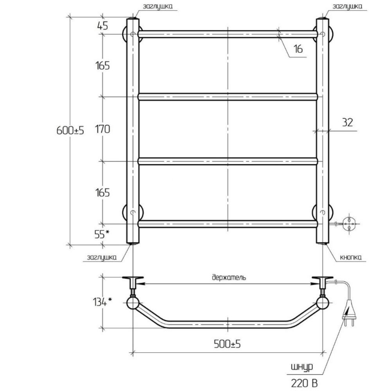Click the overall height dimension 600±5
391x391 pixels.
[70, 130]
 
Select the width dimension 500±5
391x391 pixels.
[227, 344]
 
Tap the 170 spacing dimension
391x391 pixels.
[102, 129]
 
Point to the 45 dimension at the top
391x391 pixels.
[102, 25]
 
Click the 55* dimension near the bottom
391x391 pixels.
[102, 234]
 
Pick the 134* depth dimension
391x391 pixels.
[102, 302]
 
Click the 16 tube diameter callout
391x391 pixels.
[298, 49]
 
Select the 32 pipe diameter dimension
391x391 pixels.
[347, 122]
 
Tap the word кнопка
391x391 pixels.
[351, 257]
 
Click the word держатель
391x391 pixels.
[229, 277]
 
